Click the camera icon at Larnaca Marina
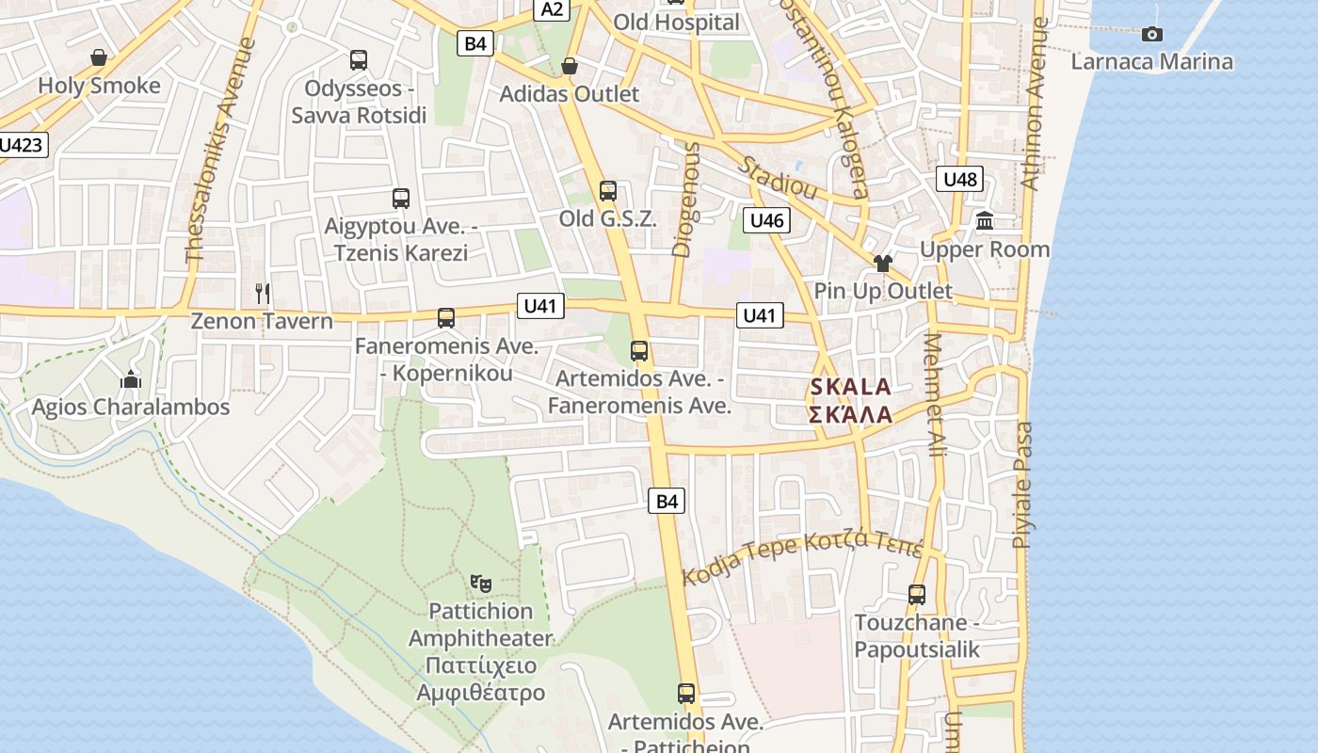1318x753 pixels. [1151, 35]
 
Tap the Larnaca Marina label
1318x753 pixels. [1151, 62]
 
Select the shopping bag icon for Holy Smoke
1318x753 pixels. [98, 58]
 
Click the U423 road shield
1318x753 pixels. [21, 145]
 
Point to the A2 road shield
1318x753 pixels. [553, 9]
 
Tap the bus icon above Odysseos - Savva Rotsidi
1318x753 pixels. [358, 60]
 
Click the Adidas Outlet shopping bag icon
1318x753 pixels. [569, 66]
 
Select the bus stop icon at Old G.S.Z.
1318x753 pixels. [607, 191]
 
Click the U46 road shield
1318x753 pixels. [766, 221]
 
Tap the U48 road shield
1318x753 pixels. [960, 179]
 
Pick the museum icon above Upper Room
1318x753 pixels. [985, 221]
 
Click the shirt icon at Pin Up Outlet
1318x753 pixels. [882, 263]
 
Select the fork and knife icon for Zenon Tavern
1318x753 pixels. [263, 294]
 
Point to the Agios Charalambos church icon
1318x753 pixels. [130, 380]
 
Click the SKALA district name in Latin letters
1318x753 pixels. [850, 387]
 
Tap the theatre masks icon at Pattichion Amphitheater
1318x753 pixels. [481, 584]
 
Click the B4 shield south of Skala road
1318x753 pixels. [666, 502]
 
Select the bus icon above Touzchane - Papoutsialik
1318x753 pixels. [916, 595]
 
